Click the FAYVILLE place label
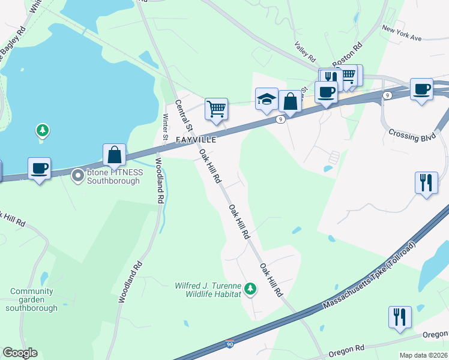pyautogui.click(x=196, y=139)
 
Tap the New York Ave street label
pyautogui.click(x=402, y=33)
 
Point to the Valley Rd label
pyautogui.click(x=306, y=52)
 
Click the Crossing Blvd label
pyautogui.click(x=411, y=135)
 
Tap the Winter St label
pyautogui.click(x=166, y=129)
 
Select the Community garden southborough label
pyautogui.click(x=32, y=299)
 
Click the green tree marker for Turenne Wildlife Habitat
pyautogui.click(x=250, y=290)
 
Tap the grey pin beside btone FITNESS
pyautogui.click(x=77, y=176)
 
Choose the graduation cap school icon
pyautogui.click(x=267, y=99)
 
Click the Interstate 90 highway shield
pyautogui.click(x=230, y=344)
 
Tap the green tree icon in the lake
pyautogui.click(x=41, y=130)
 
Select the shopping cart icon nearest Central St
pyautogui.click(x=216, y=109)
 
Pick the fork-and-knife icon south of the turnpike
pyautogui.click(x=400, y=316)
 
